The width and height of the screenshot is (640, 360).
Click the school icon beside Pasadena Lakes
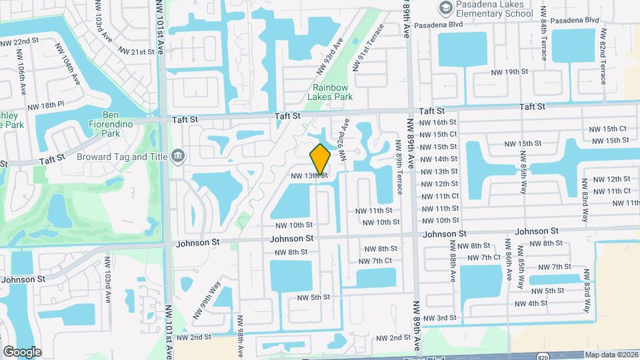point(445,8)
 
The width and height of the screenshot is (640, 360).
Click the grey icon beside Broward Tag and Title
point(177,156)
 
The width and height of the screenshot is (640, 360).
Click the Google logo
point(21,351)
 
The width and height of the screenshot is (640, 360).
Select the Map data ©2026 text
point(611,355)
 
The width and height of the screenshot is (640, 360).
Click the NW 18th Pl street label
point(45,105)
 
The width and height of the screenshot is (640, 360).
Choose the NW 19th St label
point(509,72)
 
